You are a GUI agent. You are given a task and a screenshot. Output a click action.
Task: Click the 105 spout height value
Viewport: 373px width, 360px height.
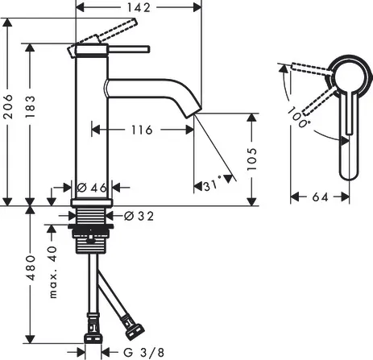[x=252, y=158]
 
